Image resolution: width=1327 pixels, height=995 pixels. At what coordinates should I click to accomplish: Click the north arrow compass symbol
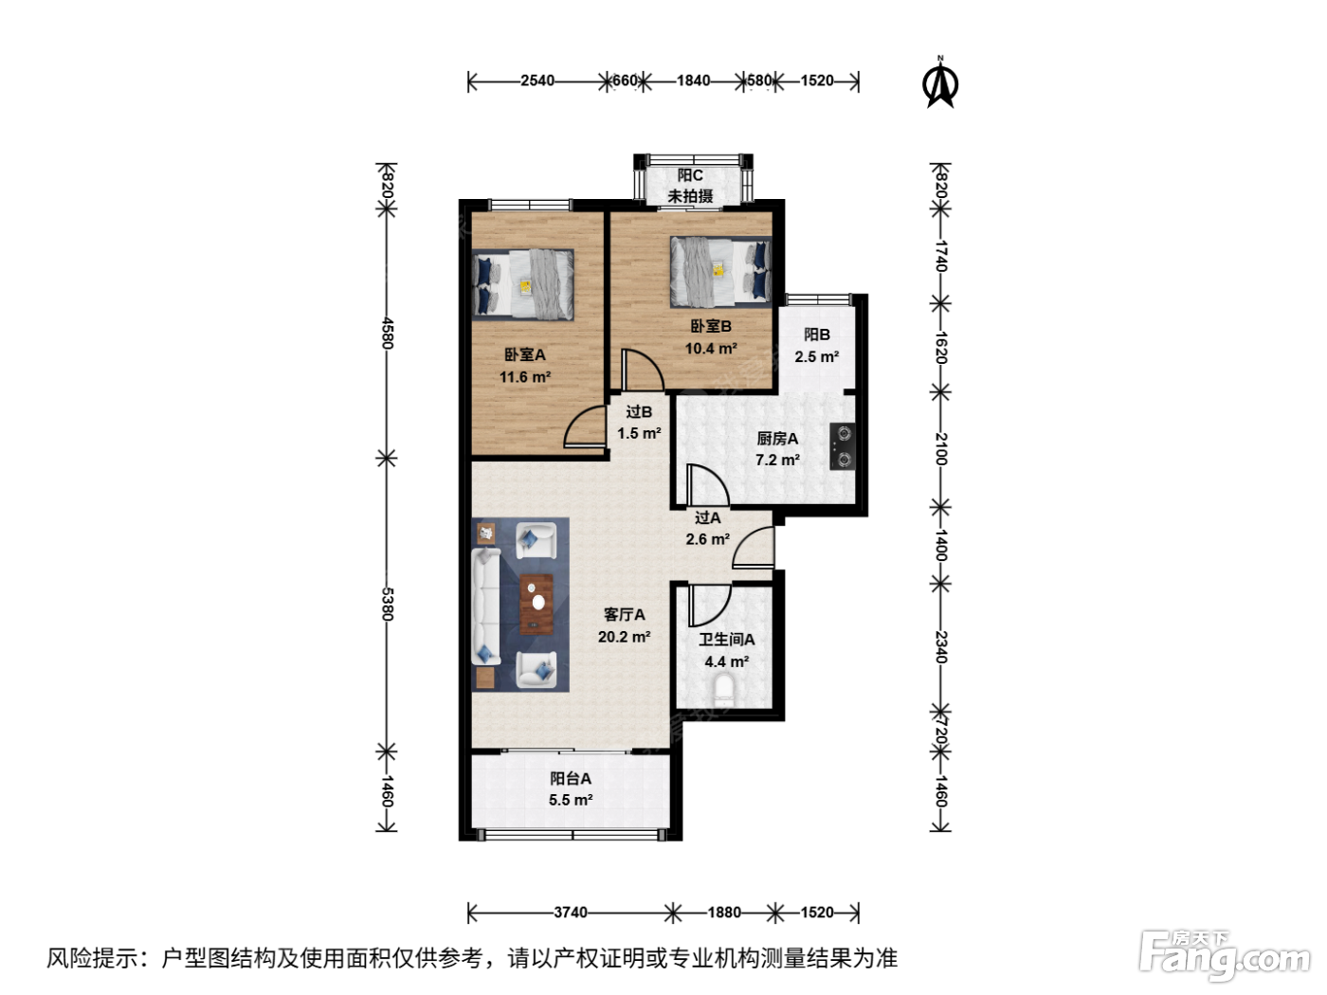pyautogui.click(x=940, y=82)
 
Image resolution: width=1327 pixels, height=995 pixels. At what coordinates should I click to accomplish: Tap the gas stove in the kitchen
pyautogui.click(x=842, y=446)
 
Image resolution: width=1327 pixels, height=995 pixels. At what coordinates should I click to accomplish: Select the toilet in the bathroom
pyautogui.click(x=723, y=690)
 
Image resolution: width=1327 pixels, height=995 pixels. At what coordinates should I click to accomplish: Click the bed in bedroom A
pyautogui.click(x=523, y=284)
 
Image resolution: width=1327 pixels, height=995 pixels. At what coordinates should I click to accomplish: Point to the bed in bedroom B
pyautogui.click(x=720, y=272)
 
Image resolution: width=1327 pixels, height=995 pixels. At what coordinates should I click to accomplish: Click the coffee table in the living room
pyautogui.click(x=536, y=605)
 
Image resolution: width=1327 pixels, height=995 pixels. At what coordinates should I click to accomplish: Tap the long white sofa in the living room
pyautogui.click(x=485, y=606)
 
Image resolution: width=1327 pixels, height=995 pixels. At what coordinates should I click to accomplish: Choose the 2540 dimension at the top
pyautogui.click(x=536, y=81)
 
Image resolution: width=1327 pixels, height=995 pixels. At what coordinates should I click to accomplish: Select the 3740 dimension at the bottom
pyautogui.click(x=570, y=913)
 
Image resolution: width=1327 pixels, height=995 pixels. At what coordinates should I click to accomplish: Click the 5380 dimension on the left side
pyautogui.click(x=387, y=605)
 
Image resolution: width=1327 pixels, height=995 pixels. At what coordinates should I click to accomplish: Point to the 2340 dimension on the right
pyautogui.click(x=940, y=646)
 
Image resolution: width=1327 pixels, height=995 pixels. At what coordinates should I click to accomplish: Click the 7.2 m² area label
pyautogui.click(x=777, y=461)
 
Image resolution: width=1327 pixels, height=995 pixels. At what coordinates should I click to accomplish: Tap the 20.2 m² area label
pyautogui.click(x=624, y=637)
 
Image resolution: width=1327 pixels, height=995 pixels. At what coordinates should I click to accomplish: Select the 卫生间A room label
pyautogui.click(x=727, y=639)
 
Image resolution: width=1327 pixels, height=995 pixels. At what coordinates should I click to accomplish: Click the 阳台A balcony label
pyautogui.click(x=570, y=779)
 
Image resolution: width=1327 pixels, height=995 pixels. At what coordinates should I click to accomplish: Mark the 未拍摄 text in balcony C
pyautogui.click(x=690, y=196)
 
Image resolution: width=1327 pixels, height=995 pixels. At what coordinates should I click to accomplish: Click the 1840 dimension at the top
pyautogui.click(x=694, y=81)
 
